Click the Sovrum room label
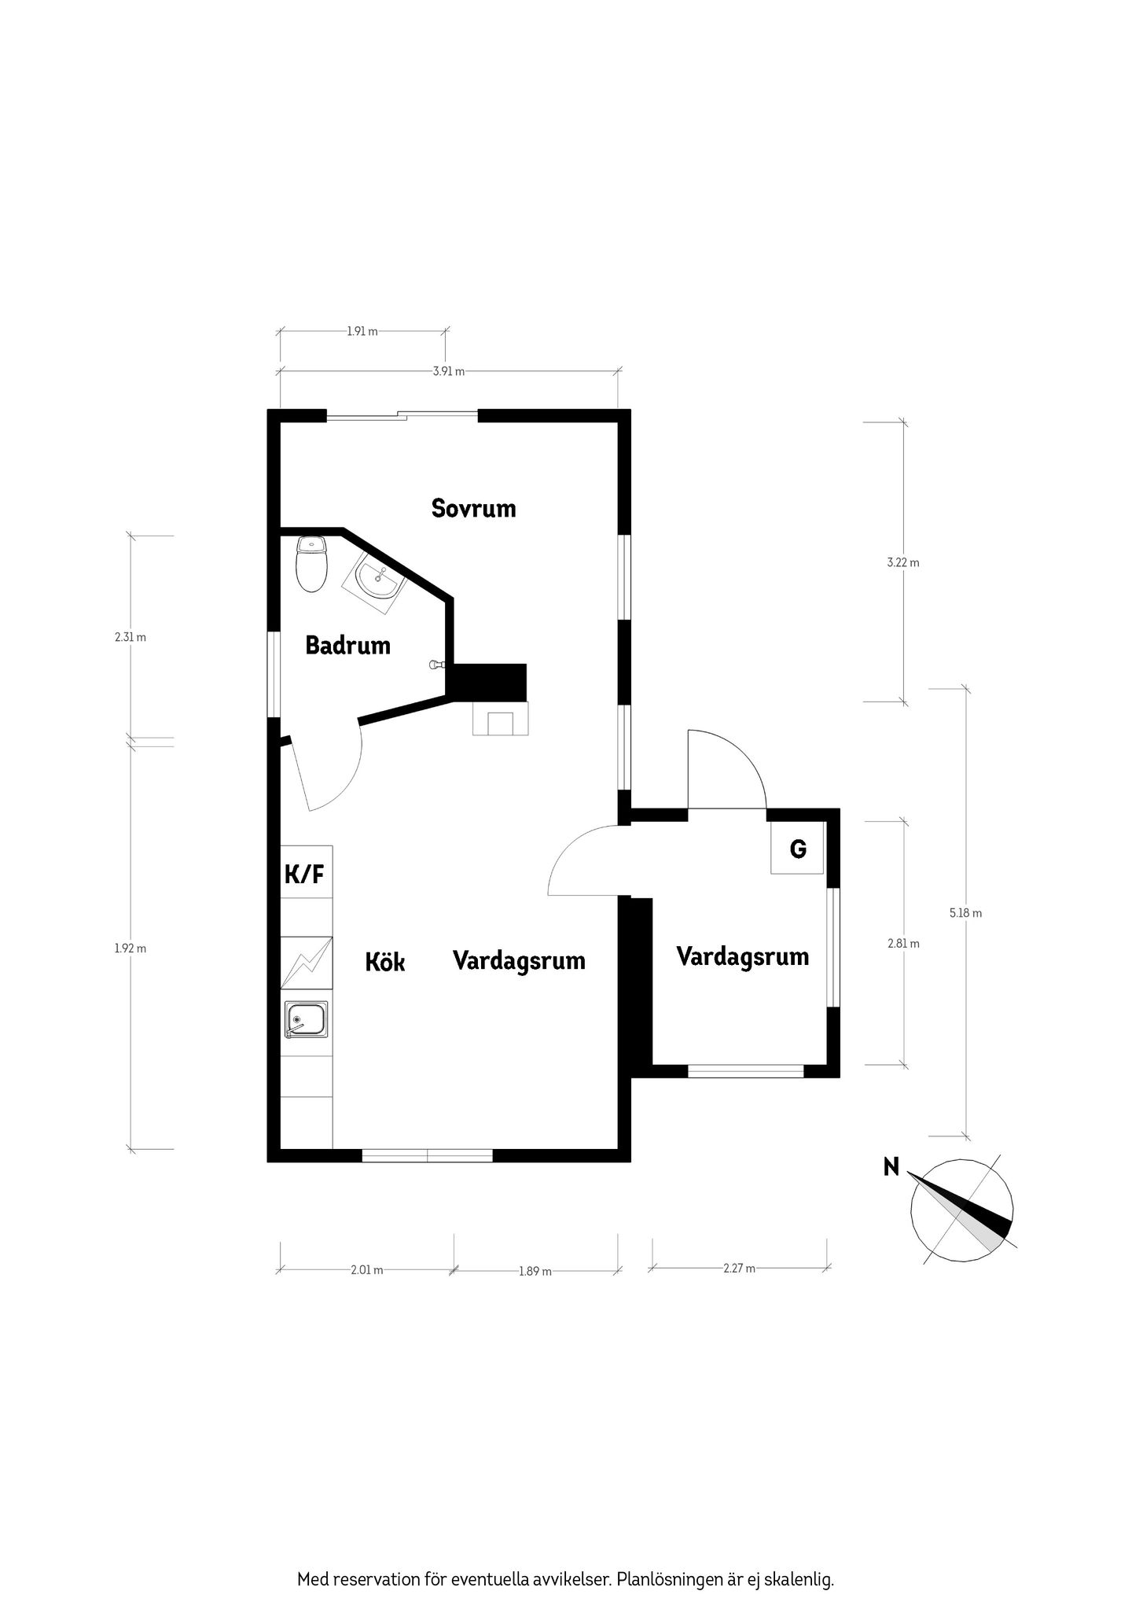point(473,508)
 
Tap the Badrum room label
point(347,646)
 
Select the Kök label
point(385,961)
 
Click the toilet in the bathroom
point(312,563)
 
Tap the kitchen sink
point(307,1020)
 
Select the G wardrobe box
point(797,848)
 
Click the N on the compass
point(891,1166)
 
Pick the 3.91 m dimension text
point(448,371)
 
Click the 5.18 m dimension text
point(965,913)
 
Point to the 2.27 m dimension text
point(739,1268)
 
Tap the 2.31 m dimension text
point(130,637)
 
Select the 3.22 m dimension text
point(902,562)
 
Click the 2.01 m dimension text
point(367,1269)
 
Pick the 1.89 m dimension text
point(535,1271)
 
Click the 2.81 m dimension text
point(903,943)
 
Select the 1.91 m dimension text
point(362,331)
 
